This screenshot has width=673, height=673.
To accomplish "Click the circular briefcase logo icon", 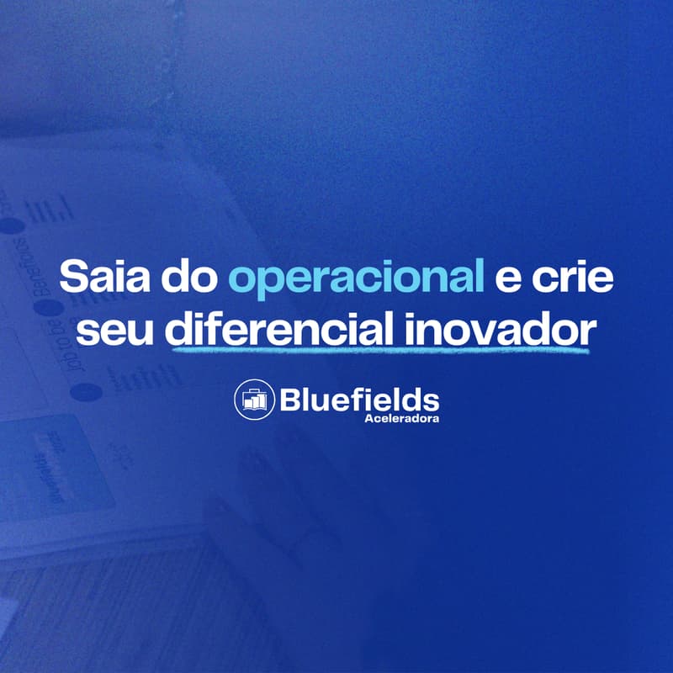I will coord(253,399).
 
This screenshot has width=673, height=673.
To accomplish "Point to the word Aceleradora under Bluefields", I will coord(402,417).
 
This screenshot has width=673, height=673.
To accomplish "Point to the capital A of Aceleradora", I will coord(369,417).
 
